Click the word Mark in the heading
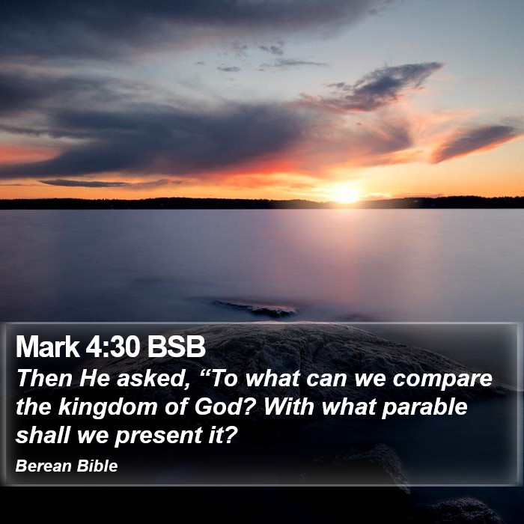point(47,347)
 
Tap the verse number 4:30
point(112,347)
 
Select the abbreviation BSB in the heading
point(176,347)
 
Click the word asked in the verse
point(150,379)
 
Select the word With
point(289,406)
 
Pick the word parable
point(424,408)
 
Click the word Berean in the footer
point(43,466)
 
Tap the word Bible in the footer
point(97,466)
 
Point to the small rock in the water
point(255,308)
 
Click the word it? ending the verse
point(222,435)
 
